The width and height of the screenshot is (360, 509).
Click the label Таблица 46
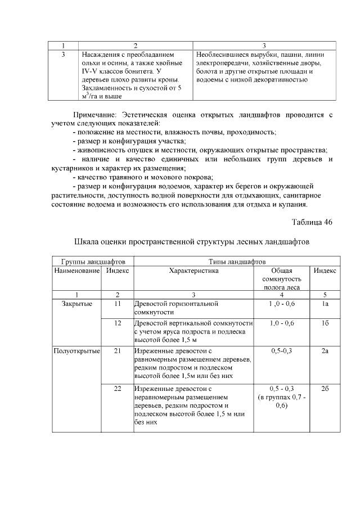click(312, 221)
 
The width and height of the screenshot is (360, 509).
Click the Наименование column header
click(76, 271)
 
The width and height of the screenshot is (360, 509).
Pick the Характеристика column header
click(193, 271)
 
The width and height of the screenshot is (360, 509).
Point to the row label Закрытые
click(76, 304)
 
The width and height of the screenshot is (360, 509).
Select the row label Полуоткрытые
click(76, 352)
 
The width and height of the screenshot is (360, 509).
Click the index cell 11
click(118, 304)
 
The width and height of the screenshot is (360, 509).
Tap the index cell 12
click(118, 323)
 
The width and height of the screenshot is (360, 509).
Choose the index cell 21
click(118, 352)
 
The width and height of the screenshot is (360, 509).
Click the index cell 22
click(118, 389)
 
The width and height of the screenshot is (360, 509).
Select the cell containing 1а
click(325, 304)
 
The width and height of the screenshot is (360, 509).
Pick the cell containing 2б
click(325, 389)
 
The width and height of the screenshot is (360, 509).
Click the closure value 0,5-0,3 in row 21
click(281, 352)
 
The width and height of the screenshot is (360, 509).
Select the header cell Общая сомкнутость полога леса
click(281, 278)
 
